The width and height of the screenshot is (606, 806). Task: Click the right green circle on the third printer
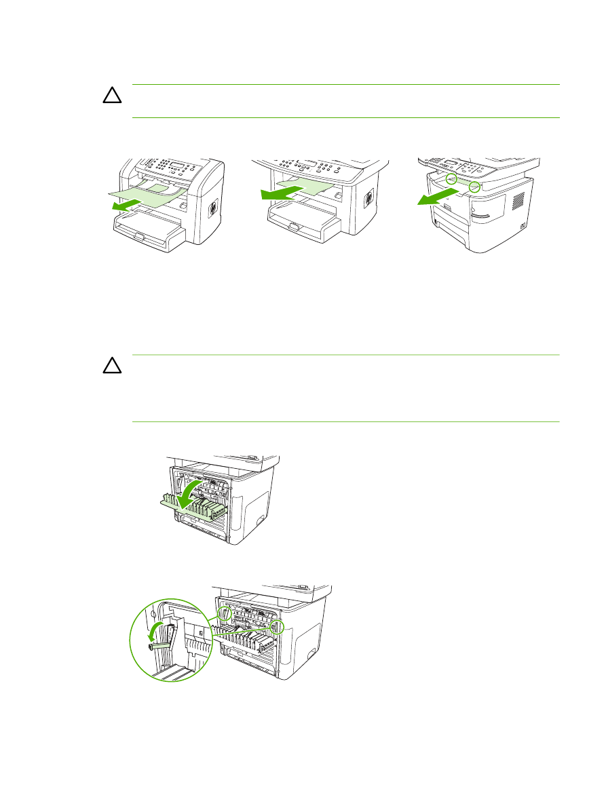click(474, 185)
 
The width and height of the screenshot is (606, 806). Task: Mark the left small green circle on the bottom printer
click(225, 613)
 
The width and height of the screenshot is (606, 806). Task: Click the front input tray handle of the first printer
click(138, 237)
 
